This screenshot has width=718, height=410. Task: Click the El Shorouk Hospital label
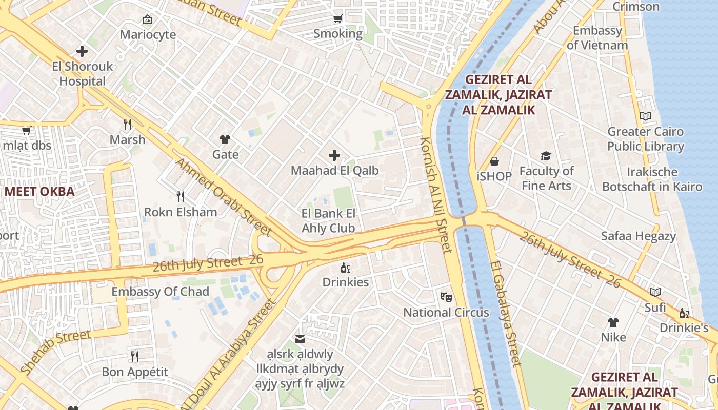82,74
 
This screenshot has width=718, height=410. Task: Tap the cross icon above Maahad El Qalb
334,155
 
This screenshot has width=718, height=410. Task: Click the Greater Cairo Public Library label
645,139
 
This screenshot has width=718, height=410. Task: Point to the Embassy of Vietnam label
597,38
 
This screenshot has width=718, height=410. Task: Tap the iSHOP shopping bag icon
494,161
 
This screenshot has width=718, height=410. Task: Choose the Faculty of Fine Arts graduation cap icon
546,156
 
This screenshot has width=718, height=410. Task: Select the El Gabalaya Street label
506,314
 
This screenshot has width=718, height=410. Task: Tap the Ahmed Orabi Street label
223,196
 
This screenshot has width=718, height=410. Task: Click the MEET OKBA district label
39,192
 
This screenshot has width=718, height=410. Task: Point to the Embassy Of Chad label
161,292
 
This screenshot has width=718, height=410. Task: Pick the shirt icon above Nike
613,322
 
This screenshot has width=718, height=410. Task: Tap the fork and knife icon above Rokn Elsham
180,197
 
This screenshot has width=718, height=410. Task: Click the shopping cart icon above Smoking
337,19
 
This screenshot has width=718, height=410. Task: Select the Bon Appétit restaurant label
135,372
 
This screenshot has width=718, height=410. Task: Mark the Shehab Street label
56,351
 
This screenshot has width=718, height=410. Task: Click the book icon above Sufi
655,292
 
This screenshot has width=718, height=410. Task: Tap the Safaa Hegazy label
638,236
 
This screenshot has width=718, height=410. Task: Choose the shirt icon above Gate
225,139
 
